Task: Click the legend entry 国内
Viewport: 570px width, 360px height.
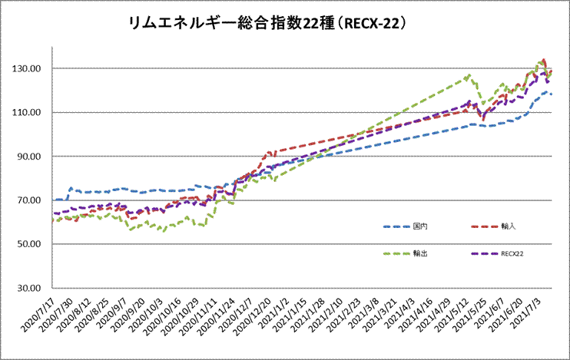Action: coord(420,226)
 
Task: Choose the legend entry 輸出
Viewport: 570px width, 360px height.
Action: coord(420,253)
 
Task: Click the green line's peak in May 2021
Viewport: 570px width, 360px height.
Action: coord(469,75)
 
